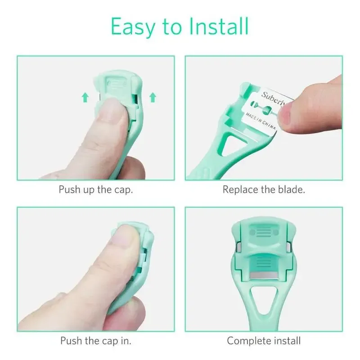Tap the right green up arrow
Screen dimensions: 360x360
coord(153,96)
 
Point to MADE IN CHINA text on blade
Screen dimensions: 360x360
coord(262,121)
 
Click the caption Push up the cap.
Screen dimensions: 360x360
coord(96,189)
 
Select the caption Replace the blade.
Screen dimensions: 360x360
coord(264,189)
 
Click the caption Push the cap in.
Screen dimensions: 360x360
coord(96,341)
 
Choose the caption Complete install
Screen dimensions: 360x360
coord(264,341)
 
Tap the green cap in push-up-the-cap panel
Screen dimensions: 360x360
coord(119,83)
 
